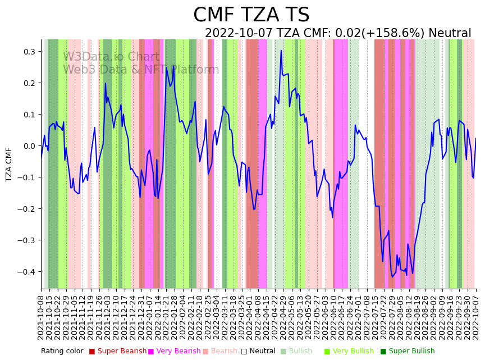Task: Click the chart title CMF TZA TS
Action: [x=251, y=15]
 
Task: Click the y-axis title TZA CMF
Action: [x=9, y=164]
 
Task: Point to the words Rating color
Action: [x=62, y=351]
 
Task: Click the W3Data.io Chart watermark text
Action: [x=111, y=57]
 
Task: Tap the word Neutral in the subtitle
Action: [x=450, y=33]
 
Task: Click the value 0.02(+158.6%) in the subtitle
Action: [x=379, y=33]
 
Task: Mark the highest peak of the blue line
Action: [x=281, y=51]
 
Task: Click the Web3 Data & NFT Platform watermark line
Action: [x=141, y=70]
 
